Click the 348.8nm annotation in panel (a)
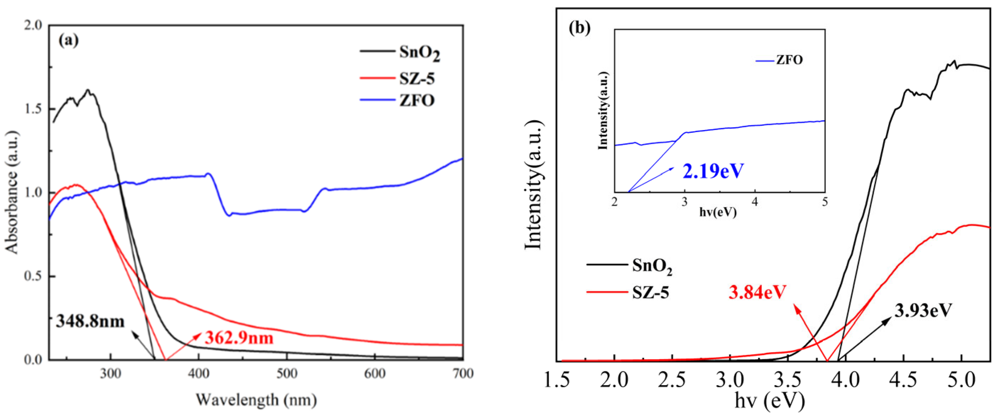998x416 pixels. click(90, 322)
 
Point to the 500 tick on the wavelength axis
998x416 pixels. click(287, 373)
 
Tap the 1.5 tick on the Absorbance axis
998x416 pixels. click(33, 109)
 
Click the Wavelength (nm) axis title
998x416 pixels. click(256, 399)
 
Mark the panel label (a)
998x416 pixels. click(68, 40)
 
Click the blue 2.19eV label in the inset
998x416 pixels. click(713, 171)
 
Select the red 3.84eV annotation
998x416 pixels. click(757, 292)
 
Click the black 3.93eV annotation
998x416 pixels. click(923, 310)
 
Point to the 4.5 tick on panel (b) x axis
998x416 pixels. click(904, 380)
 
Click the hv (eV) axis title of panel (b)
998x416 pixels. click(769, 400)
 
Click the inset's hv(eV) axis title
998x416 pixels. click(718, 212)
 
